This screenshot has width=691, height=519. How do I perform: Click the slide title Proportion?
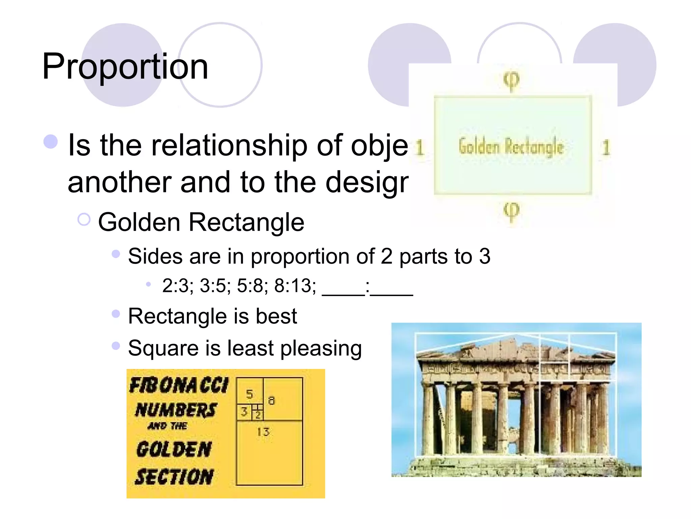click(x=125, y=67)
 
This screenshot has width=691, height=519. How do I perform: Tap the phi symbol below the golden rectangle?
click(x=512, y=212)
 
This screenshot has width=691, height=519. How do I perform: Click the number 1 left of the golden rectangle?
click(x=419, y=148)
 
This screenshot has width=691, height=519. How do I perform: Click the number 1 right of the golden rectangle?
click(x=606, y=148)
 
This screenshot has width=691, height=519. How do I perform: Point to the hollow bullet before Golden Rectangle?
click(x=84, y=220)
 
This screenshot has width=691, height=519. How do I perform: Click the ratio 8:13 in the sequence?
click(x=295, y=286)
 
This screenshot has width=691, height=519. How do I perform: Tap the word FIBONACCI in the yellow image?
click(x=179, y=386)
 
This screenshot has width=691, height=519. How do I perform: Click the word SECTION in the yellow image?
click(x=174, y=476)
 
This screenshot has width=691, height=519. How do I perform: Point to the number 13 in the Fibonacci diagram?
click(x=263, y=432)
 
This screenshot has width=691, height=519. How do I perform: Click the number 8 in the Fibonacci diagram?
click(x=271, y=401)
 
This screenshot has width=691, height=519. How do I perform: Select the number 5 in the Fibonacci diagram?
click(x=249, y=394)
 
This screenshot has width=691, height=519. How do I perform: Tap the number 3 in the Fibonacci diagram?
click(x=244, y=412)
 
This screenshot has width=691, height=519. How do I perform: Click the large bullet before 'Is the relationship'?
click(x=51, y=142)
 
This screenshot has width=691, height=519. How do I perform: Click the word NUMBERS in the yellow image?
click(x=176, y=410)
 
